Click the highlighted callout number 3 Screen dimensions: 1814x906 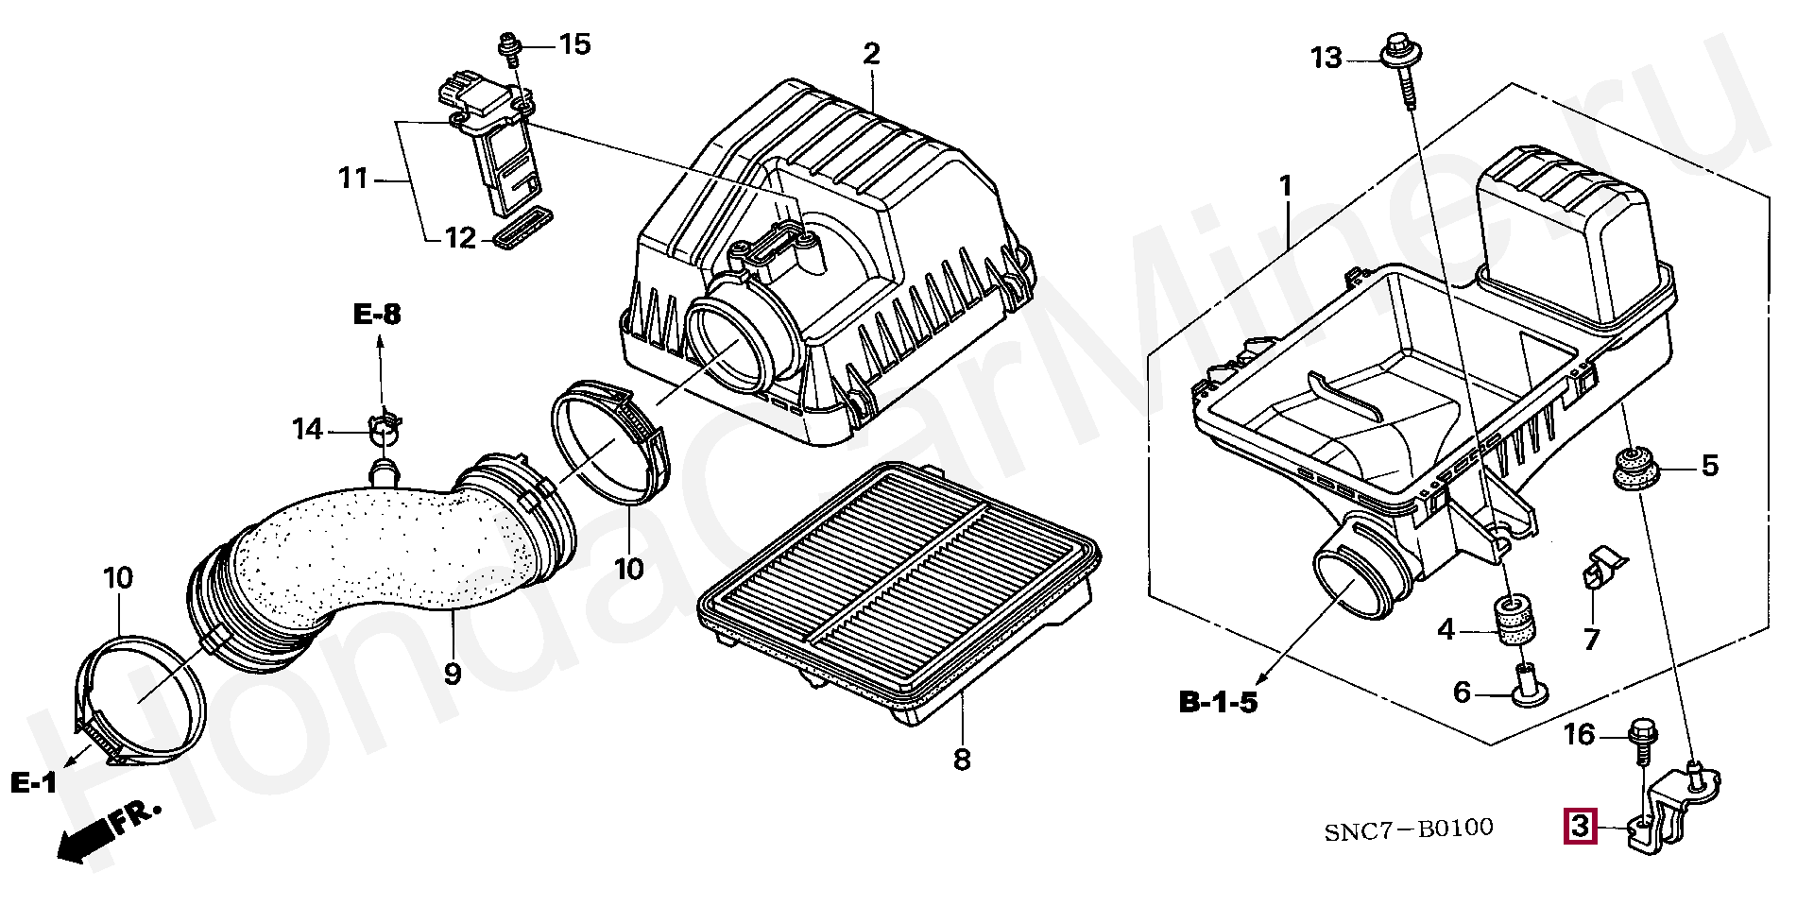point(1582,827)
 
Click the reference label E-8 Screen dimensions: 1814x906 point(377,315)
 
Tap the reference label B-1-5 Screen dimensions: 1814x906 point(1218,702)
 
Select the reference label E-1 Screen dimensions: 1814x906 point(34,781)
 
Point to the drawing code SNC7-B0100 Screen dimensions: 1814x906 point(1408,830)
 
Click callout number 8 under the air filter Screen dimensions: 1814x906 point(961,759)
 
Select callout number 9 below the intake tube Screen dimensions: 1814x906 point(453,674)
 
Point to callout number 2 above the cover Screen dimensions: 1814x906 point(870,54)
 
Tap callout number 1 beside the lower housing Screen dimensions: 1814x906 point(1285,186)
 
